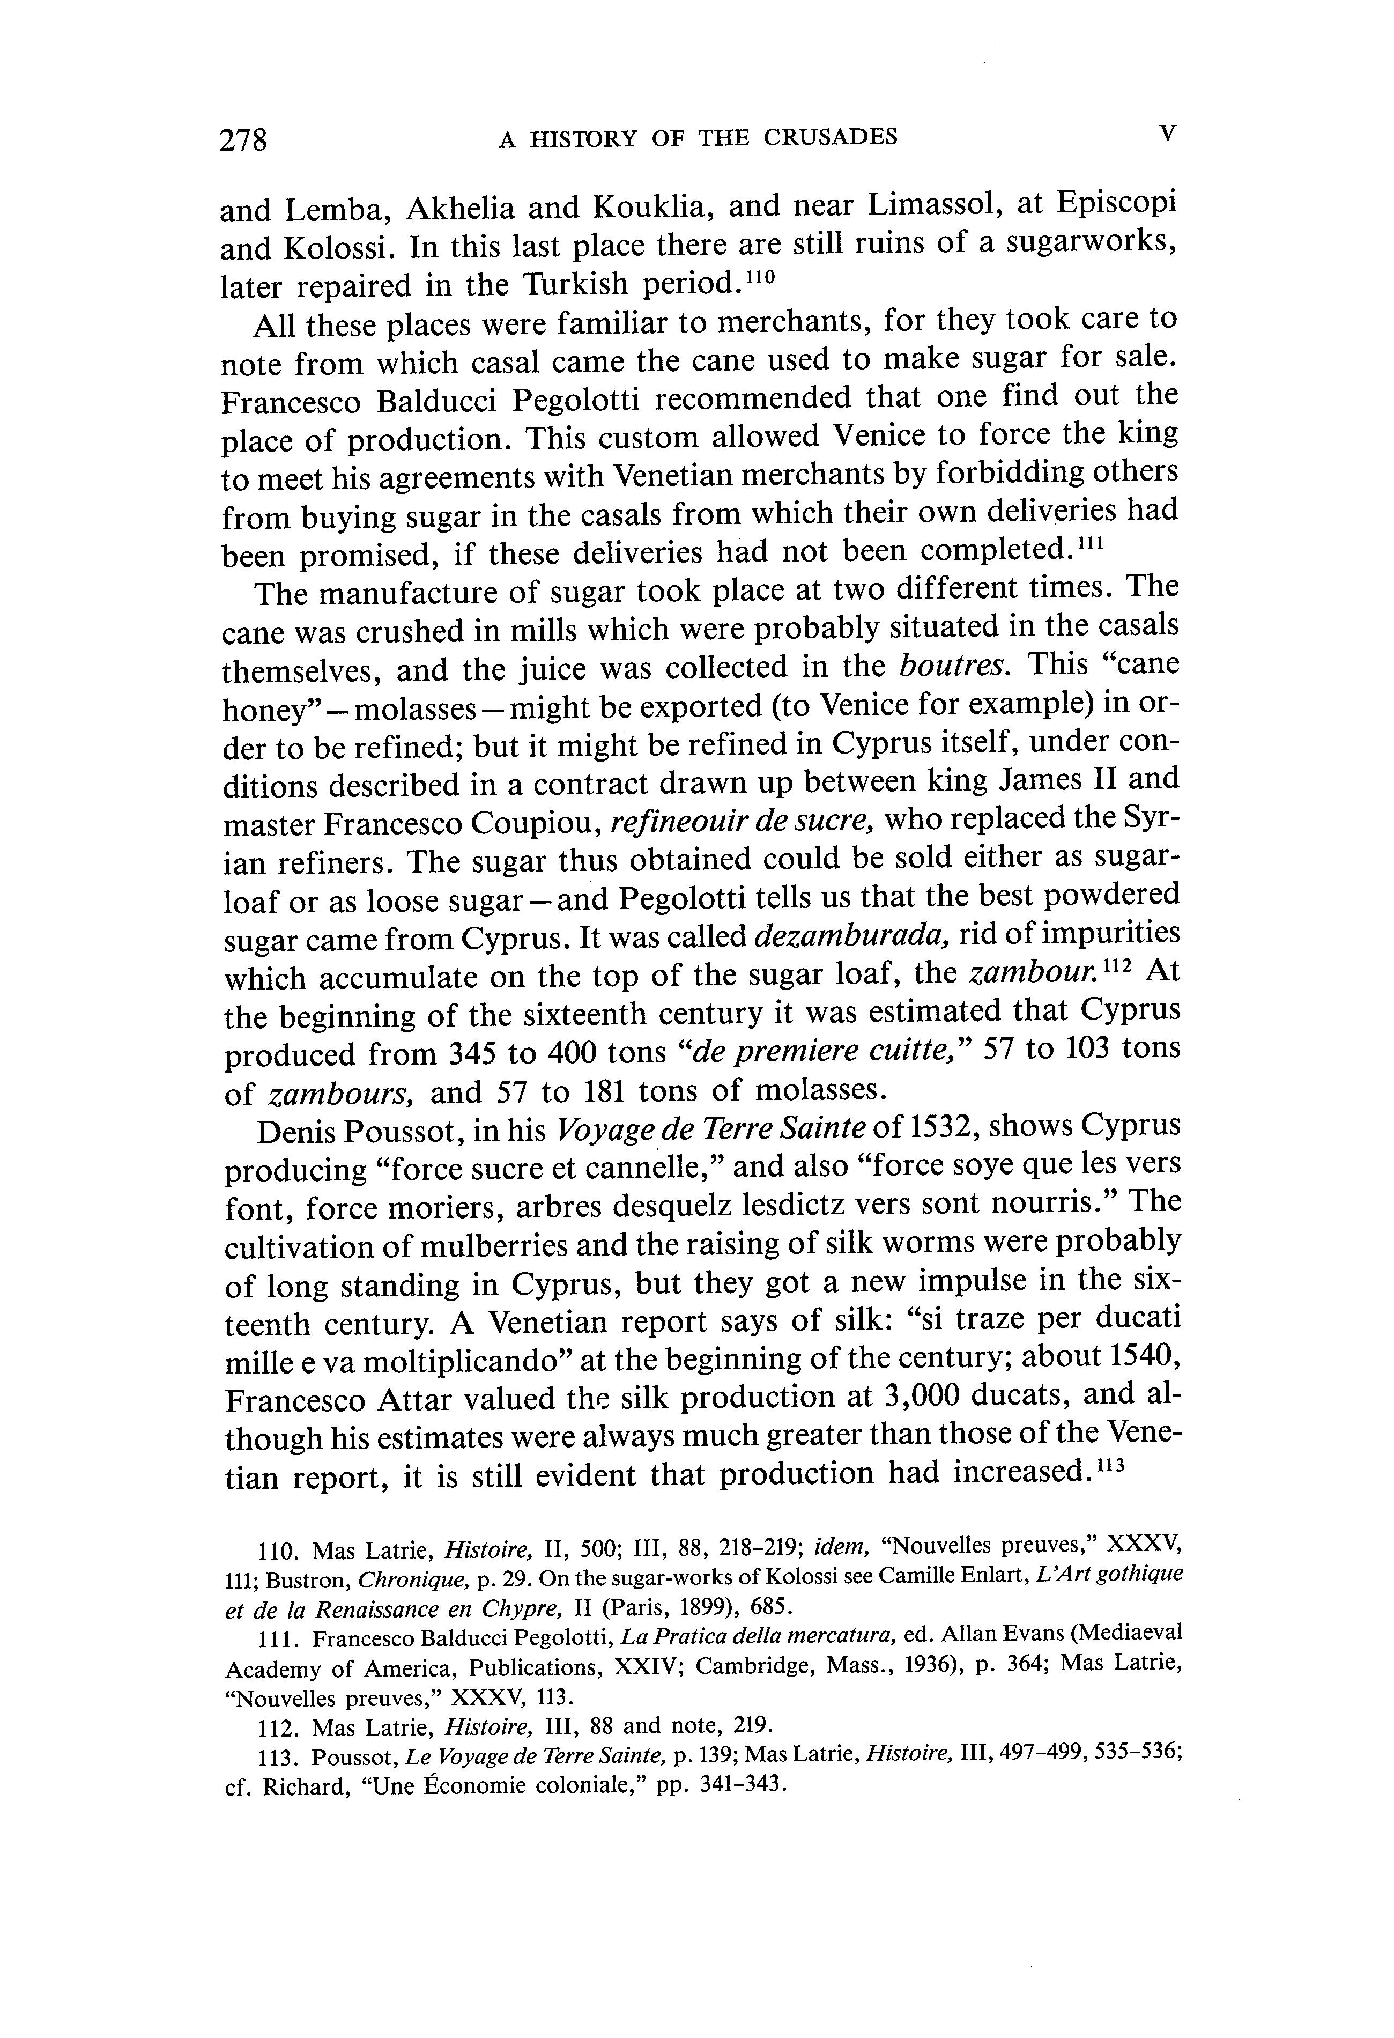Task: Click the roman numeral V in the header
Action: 1166,134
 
